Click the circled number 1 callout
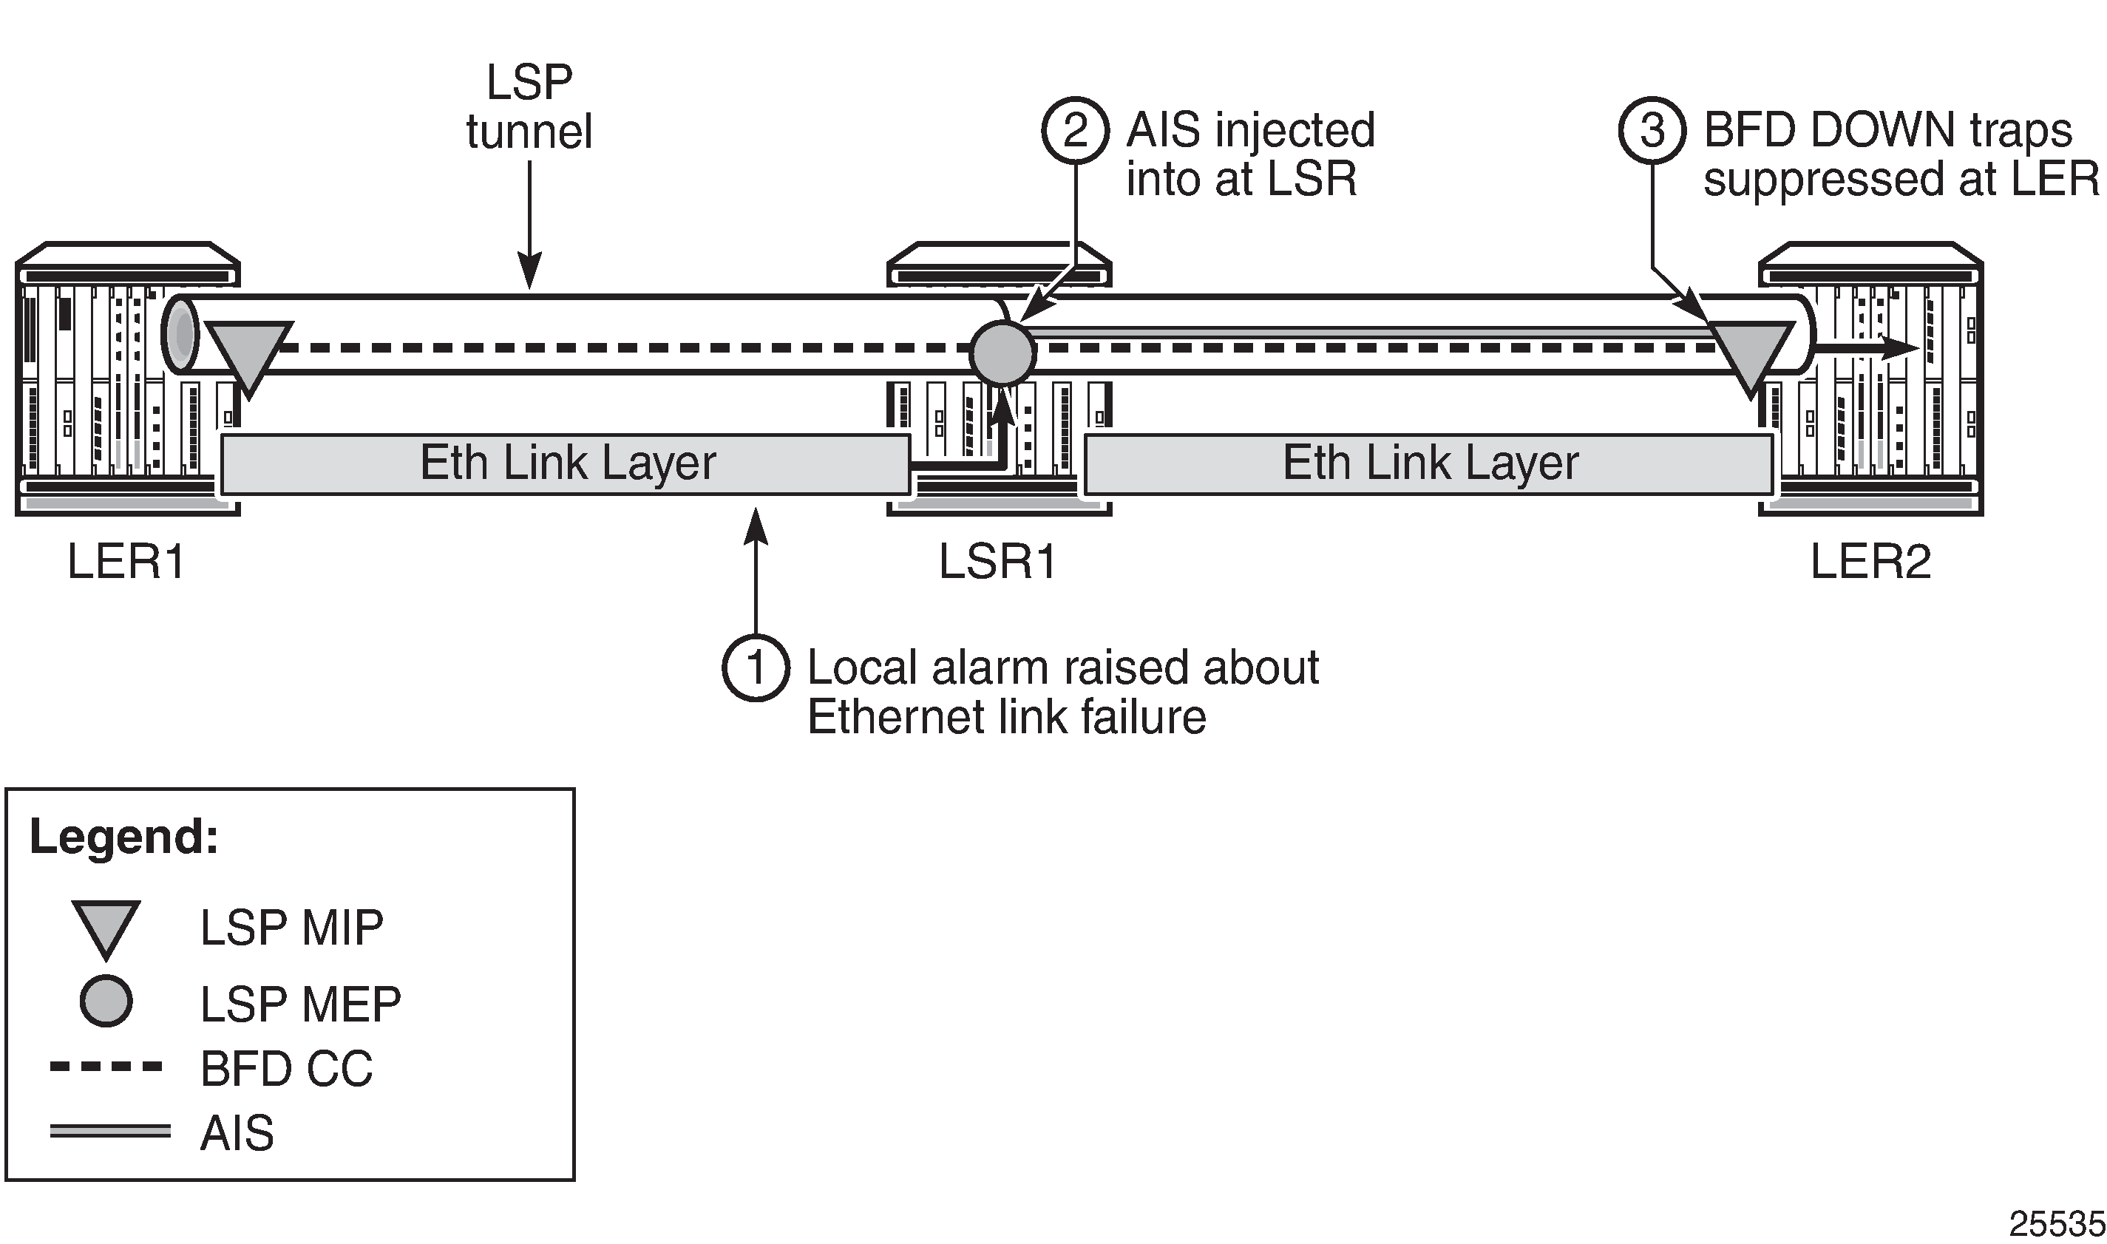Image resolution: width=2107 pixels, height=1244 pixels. coord(756,668)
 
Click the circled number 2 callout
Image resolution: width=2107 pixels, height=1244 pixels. coord(1075,132)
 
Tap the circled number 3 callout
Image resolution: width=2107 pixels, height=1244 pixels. coord(1652,132)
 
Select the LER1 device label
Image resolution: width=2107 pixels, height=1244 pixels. coord(126,562)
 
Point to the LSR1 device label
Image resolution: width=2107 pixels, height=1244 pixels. coord(998,562)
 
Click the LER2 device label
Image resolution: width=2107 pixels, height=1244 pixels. coord(1870,562)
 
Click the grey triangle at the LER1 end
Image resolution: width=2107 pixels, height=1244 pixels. coord(249,353)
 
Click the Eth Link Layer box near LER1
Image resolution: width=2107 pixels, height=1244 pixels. coord(566,463)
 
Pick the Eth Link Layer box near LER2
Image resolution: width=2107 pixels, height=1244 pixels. coord(1429,463)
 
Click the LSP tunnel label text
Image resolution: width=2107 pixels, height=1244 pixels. coord(529,107)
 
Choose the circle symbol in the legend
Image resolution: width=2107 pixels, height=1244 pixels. coord(106,1001)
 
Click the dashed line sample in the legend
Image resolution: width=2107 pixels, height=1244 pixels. coord(106,1067)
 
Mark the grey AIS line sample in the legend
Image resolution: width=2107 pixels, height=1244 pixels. coord(110,1132)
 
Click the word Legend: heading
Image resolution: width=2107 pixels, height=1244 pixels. coord(124,837)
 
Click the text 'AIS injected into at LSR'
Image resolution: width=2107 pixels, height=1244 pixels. coord(1249,155)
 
